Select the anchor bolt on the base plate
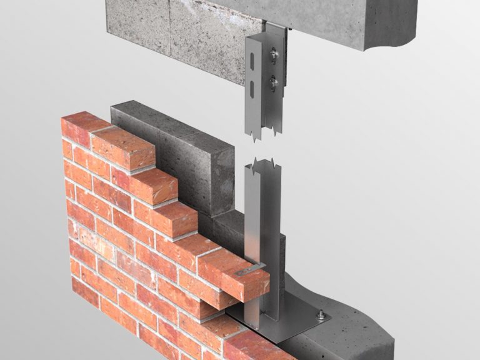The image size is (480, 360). (321, 316)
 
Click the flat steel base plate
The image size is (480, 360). (294, 319)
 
